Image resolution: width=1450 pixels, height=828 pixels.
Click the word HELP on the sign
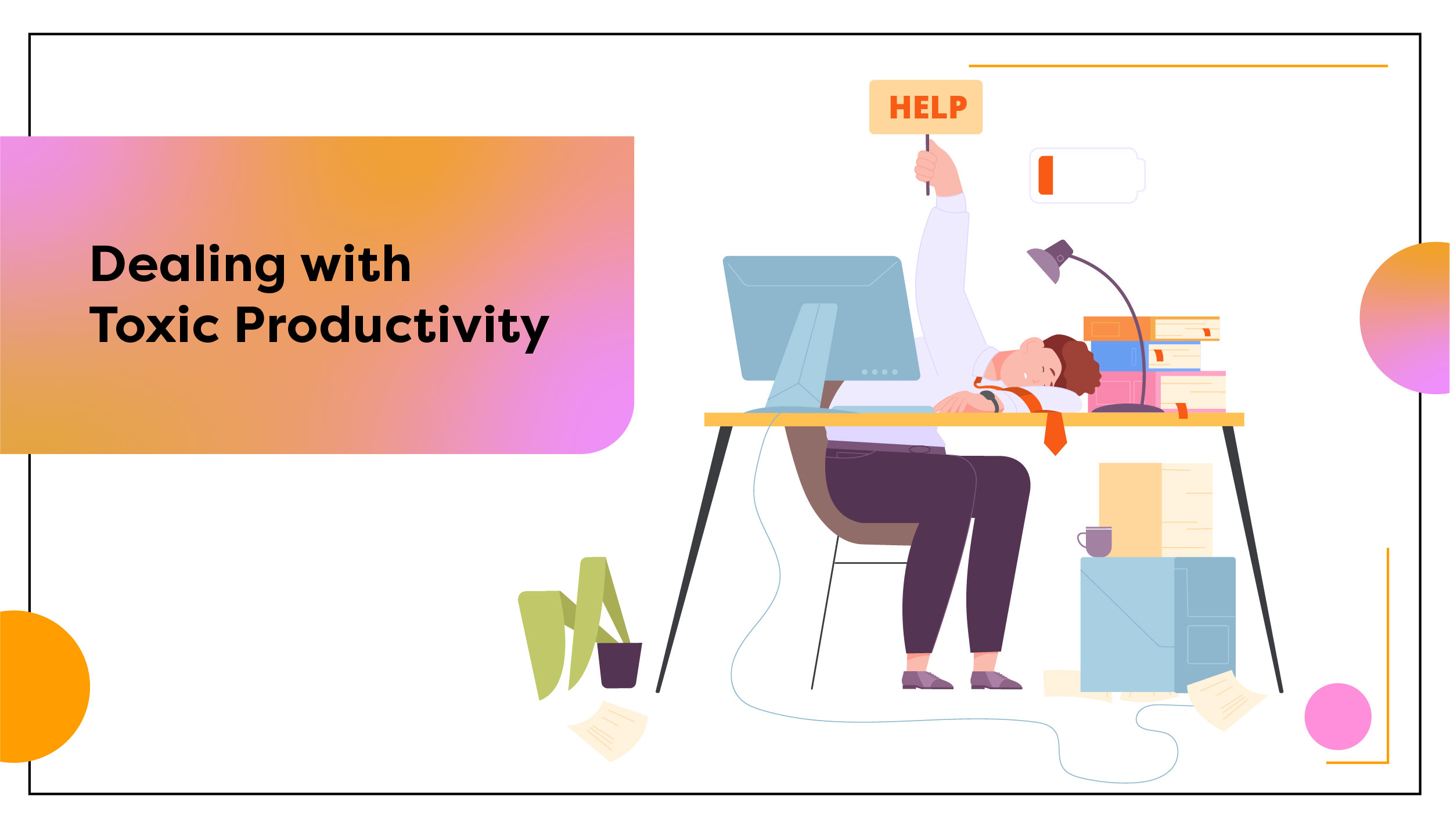(x=928, y=107)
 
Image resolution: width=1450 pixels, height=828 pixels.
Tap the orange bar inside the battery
(x=1046, y=175)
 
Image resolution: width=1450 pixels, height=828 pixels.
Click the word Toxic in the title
(x=154, y=325)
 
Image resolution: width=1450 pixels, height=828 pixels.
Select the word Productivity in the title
(x=393, y=327)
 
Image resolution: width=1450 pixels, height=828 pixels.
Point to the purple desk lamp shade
(x=1049, y=261)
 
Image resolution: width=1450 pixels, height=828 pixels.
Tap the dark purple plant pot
(x=620, y=665)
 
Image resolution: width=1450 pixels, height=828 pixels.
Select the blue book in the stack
(x=1145, y=356)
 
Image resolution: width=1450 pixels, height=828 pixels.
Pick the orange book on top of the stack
(x=1151, y=329)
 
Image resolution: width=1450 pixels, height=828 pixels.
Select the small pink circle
(x=1338, y=717)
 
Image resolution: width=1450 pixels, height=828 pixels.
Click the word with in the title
(x=355, y=264)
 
